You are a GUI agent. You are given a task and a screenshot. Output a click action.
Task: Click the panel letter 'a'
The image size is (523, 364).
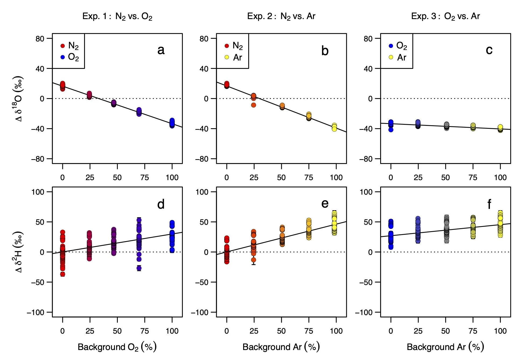(161, 50)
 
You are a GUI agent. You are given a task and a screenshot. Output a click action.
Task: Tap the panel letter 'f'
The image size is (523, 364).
(489, 204)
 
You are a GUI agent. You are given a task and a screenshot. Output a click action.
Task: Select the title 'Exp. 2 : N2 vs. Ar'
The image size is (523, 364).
(281, 16)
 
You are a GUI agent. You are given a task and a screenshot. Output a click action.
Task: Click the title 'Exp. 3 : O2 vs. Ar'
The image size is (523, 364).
(445, 16)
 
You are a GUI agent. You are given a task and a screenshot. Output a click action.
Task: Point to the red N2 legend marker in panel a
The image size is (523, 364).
(63, 46)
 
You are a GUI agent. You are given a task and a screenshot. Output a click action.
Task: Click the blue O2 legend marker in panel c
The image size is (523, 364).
(391, 46)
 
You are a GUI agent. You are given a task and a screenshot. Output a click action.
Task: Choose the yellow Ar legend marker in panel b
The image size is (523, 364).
(227, 57)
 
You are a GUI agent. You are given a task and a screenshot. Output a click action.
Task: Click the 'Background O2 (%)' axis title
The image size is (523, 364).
(117, 347)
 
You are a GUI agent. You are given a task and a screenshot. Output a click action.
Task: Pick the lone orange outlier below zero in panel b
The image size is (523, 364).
(254, 105)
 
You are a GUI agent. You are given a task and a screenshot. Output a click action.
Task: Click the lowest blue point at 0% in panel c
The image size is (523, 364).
(391, 130)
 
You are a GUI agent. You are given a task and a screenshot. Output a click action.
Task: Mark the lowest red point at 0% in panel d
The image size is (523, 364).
(63, 274)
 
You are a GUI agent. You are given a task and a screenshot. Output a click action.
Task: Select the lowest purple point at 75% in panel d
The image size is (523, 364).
(139, 268)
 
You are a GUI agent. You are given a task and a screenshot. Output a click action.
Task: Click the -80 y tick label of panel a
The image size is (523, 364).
(37, 159)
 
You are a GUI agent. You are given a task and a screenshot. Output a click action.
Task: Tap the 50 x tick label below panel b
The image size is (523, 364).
(281, 177)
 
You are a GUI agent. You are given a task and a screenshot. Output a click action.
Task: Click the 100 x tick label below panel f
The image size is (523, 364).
(500, 331)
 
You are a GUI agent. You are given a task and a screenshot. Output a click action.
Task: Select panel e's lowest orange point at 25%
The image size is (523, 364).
(254, 260)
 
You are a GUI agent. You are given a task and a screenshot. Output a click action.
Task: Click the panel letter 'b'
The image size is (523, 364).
(325, 51)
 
